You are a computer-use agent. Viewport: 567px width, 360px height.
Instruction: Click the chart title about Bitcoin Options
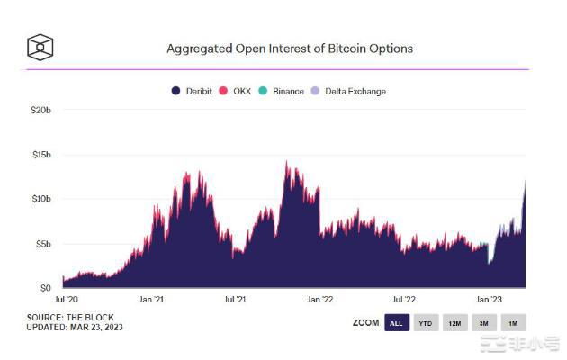click(x=290, y=48)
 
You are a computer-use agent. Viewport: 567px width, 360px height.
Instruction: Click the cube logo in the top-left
click(x=41, y=47)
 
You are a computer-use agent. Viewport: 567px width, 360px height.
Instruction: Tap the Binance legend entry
click(x=282, y=91)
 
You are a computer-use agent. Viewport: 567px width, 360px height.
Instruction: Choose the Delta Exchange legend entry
click(x=349, y=91)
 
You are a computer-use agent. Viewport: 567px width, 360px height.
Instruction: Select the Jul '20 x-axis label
click(x=67, y=299)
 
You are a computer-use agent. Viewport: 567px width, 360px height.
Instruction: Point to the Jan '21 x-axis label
click(x=151, y=299)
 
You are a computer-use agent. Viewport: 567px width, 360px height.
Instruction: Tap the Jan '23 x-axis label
click(x=489, y=299)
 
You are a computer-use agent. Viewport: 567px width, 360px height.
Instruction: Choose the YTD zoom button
click(x=425, y=323)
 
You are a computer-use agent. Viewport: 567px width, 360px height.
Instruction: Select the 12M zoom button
click(x=454, y=323)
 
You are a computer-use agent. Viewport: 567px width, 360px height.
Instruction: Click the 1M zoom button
click(x=513, y=323)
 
